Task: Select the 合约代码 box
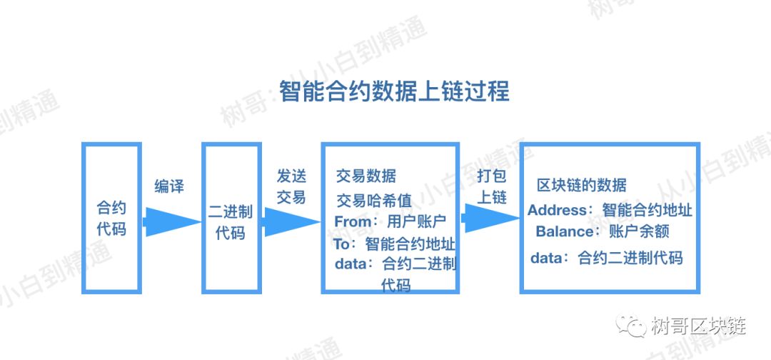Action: (111, 219)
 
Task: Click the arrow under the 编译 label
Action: (171, 222)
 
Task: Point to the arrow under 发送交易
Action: (291, 222)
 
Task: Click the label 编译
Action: (169, 186)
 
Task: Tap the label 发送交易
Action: (291, 186)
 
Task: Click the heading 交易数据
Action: (366, 176)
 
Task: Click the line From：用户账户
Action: (390, 221)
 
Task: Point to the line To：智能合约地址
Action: (394, 244)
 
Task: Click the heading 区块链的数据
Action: (581, 185)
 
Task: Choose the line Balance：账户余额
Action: (603, 231)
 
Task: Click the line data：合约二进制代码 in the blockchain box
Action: (607, 258)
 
